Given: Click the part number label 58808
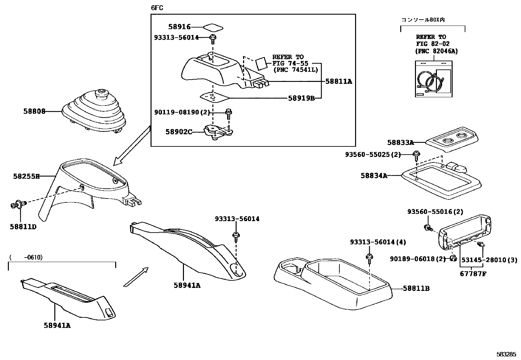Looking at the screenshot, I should pyautogui.click(x=34, y=111).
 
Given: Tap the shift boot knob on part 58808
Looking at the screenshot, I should pyautogui.click(x=101, y=93).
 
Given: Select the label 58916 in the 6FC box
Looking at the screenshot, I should pyautogui.click(x=179, y=27).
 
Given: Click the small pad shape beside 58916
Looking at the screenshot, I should pyautogui.click(x=213, y=27).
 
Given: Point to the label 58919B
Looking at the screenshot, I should pyautogui.click(x=301, y=98).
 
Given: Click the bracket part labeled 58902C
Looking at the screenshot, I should pyautogui.click(x=218, y=132).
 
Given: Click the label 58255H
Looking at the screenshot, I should pyautogui.click(x=26, y=176).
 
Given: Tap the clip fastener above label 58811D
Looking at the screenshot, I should pyautogui.click(x=19, y=205).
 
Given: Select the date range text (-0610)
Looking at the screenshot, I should pyautogui.click(x=26, y=257).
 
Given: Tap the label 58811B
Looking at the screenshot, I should pyautogui.click(x=416, y=288).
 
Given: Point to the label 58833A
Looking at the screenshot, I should pyautogui.click(x=400, y=142).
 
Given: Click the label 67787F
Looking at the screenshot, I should pyautogui.click(x=473, y=274).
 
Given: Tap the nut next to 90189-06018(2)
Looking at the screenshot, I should pyautogui.click(x=453, y=258).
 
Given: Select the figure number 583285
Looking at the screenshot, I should pyautogui.click(x=506, y=354).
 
